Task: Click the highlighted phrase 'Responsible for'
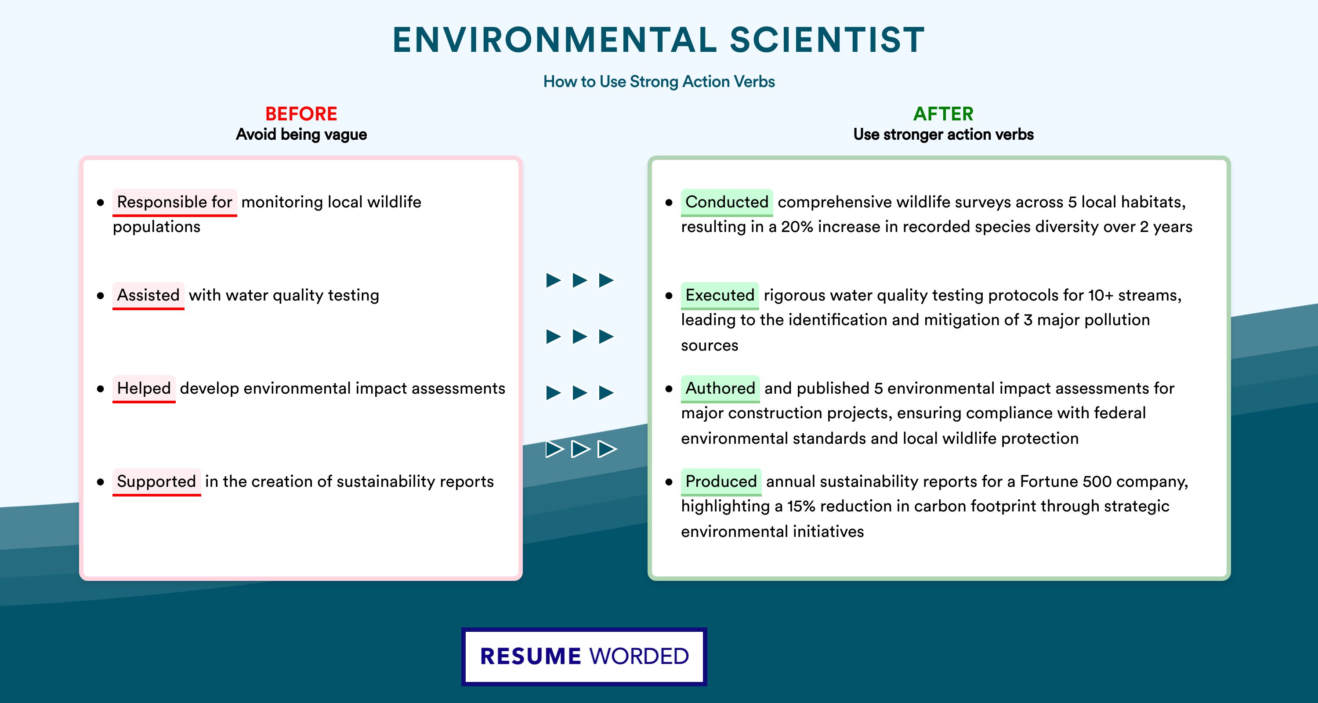[x=174, y=202]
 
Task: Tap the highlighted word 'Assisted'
[x=148, y=295]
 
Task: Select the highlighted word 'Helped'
[x=144, y=388]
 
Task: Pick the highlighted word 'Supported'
[x=156, y=482]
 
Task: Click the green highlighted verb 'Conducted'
[x=727, y=202]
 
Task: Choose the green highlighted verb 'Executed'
[x=720, y=295]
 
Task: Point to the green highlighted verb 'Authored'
[x=721, y=388]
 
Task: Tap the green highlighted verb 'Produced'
[x=721, y=482]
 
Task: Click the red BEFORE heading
[x=301, y=114]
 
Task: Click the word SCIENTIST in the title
[x=827, y=40]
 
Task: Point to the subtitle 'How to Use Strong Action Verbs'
[x=659, y=81]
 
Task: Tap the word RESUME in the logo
[x=531, y=656]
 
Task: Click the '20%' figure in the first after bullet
[x=797, y=227]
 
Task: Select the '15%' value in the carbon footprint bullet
[x=801, y=506]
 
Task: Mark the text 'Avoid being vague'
[x=301, y=134]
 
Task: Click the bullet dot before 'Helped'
[x=100, y=389]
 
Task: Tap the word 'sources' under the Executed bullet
[x=710, y=346]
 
